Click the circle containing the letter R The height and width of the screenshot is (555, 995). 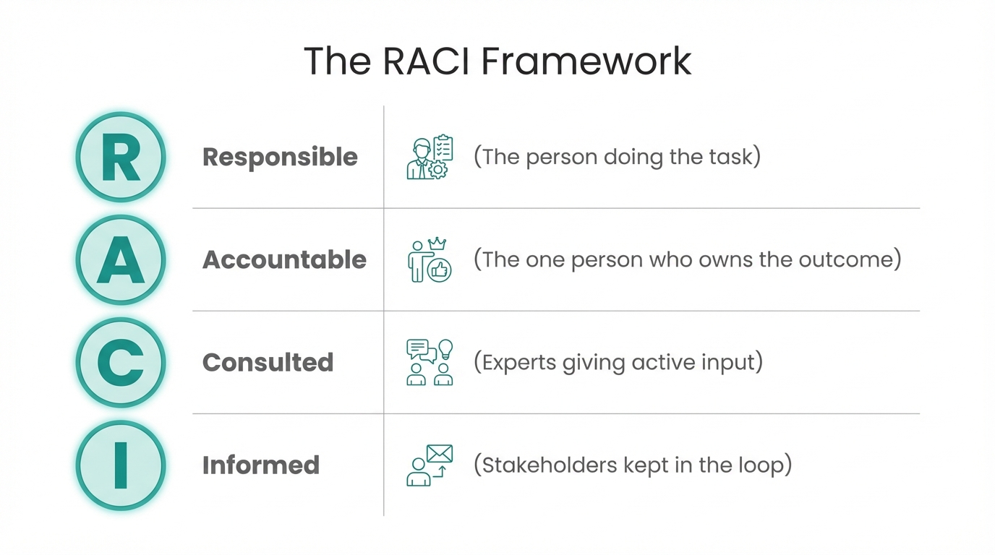point(121,158)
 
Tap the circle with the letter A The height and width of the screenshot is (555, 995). point(121,260)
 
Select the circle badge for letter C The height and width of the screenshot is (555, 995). point(121,363)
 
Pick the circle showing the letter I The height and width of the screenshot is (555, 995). point(121,465)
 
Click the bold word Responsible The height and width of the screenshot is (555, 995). point(280,158)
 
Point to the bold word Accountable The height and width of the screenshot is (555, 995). point(284,260)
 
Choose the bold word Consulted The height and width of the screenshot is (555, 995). point(268,363)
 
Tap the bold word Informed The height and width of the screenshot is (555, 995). point(260,465)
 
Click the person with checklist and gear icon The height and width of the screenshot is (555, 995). point(430,158)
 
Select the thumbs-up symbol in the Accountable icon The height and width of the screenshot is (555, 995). point(440,270)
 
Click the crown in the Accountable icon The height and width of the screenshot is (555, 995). point(437,244)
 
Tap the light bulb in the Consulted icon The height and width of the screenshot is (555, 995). point(445,349)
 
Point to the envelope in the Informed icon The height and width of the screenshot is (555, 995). point(440,454)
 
